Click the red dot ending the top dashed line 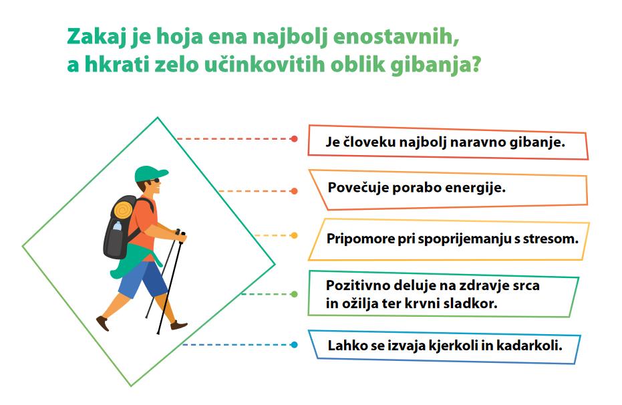pyautogui.click(x=294, y=139)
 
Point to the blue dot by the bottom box pyautogui.click(x=294, y=345)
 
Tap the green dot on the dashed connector pyautogui.click(x=294, y=294)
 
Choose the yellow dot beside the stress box pyautogui.click(x=294, y=235)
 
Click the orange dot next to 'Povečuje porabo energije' pyautogui.click(x=294, y=190)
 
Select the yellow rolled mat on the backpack pyautogui.click(x=124, y=209)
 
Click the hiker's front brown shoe pyautogui.click(x=178, y=325)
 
